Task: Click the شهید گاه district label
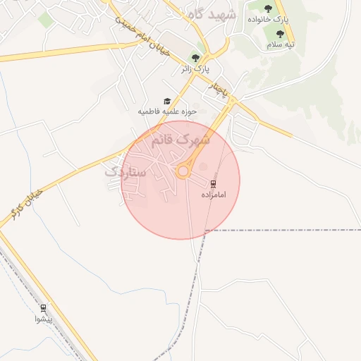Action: click(211, 15)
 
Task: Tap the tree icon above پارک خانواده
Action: click(268, 8)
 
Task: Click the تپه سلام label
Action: click(280, 44)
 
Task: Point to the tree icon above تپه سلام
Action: click(280, 34)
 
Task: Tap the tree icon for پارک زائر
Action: click(196, 58)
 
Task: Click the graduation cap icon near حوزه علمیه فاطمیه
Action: click(167, 102)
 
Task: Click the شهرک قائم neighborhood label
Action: click(180, 140)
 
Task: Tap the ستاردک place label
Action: click(125, 171)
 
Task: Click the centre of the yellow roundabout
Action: click(183, 171)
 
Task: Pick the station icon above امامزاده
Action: click(214, 183)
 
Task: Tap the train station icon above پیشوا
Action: click(43, 307)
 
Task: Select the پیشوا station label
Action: click(43, 319)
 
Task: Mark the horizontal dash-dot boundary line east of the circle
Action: click(282, 231)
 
